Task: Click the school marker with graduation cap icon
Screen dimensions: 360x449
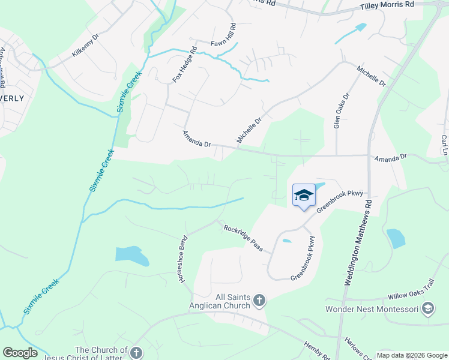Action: pos(304,195)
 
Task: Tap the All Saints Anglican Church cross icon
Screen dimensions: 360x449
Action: pos(259,300)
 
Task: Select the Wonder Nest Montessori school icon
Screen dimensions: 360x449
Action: pos(428,309)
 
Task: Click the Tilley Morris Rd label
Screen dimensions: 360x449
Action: pos(387,5)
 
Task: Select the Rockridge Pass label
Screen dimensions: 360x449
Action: pos(243,237)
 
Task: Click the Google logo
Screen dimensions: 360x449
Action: pos(20,353)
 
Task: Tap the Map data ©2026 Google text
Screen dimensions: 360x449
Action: pos(412,355)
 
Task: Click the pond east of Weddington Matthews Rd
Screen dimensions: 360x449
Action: pos(396,238)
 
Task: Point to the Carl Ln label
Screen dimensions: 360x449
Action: pos(445,145)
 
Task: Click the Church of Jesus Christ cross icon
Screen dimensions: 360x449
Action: pos(136,353)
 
